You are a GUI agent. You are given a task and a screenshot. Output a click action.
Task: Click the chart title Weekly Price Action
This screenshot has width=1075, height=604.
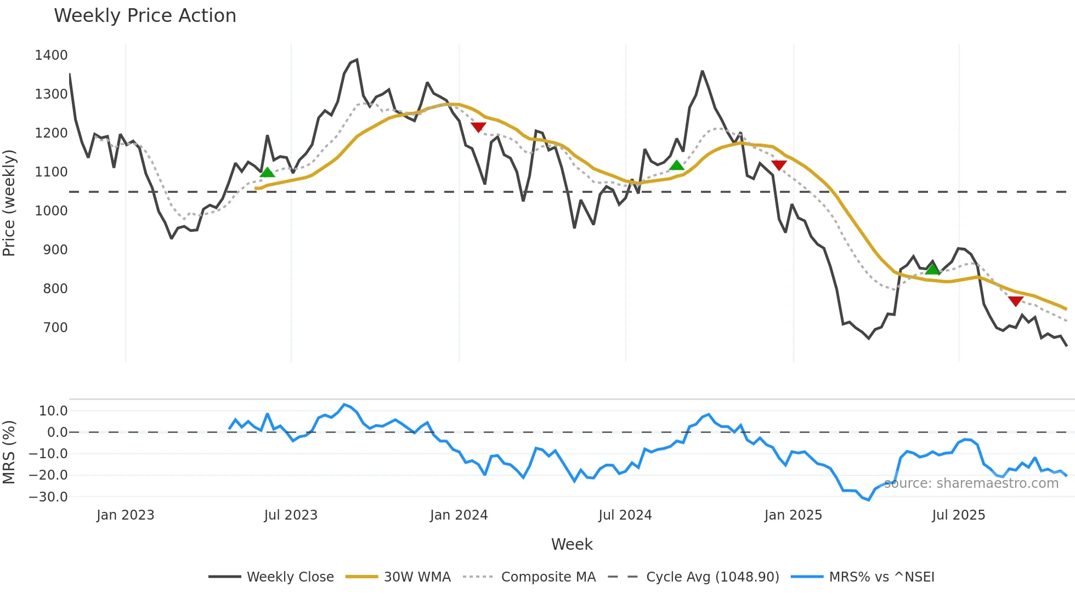(x=145, y=16)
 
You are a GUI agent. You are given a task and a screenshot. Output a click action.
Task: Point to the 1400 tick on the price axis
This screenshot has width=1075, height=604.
(x=51, y=55)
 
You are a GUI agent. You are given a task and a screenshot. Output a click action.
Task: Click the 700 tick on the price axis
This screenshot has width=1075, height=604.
(x=55, y=328)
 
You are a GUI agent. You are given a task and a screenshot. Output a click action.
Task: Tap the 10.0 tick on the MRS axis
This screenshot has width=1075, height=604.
(x=53, y=411)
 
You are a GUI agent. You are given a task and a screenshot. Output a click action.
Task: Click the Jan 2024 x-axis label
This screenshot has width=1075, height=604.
(x=459, y=515)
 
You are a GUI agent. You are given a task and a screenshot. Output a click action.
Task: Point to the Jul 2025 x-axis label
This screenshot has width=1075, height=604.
(x=958, y=515)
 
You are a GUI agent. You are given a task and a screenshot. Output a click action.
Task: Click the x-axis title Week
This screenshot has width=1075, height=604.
(x=572, y=544)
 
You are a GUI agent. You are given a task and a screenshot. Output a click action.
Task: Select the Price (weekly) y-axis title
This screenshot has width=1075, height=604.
(x=9, y=203)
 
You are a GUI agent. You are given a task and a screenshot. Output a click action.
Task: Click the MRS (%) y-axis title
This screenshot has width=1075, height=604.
(x=9, y=452)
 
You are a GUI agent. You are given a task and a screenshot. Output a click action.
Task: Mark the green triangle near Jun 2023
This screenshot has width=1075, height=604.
(x=267, y=173)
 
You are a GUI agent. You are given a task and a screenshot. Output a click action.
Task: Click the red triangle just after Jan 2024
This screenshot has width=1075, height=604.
(x=478, y=127)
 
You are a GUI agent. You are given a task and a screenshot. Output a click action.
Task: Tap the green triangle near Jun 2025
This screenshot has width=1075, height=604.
(x=932, y=269)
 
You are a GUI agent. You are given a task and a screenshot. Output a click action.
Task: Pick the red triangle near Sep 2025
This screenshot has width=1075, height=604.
(x=1015, y=301)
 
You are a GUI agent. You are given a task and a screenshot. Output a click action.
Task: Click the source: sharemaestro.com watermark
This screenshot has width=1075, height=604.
(x=971, y=483)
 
